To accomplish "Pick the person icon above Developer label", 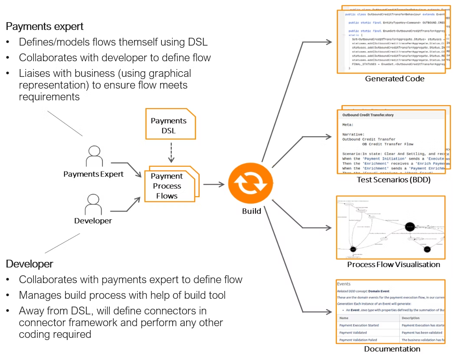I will click(x=93, y=203).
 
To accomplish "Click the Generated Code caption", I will click(x=394, y=79).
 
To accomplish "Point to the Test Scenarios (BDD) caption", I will click(x=393, y=180).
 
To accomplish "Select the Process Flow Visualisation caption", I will click(x=393, y=264).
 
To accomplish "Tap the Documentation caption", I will click(x=392, y=349).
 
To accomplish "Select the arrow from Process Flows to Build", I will click(x=214, y=185).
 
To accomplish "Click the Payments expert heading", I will click(x=45, y=26).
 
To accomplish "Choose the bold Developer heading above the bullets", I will click(x=30, y=264).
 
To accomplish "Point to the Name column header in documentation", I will click(x=344, y=318).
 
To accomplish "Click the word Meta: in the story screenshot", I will click(x=348, y=125).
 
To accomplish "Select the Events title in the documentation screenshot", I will click(x=344, y=284).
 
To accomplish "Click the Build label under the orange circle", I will click(x=252, y=211).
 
